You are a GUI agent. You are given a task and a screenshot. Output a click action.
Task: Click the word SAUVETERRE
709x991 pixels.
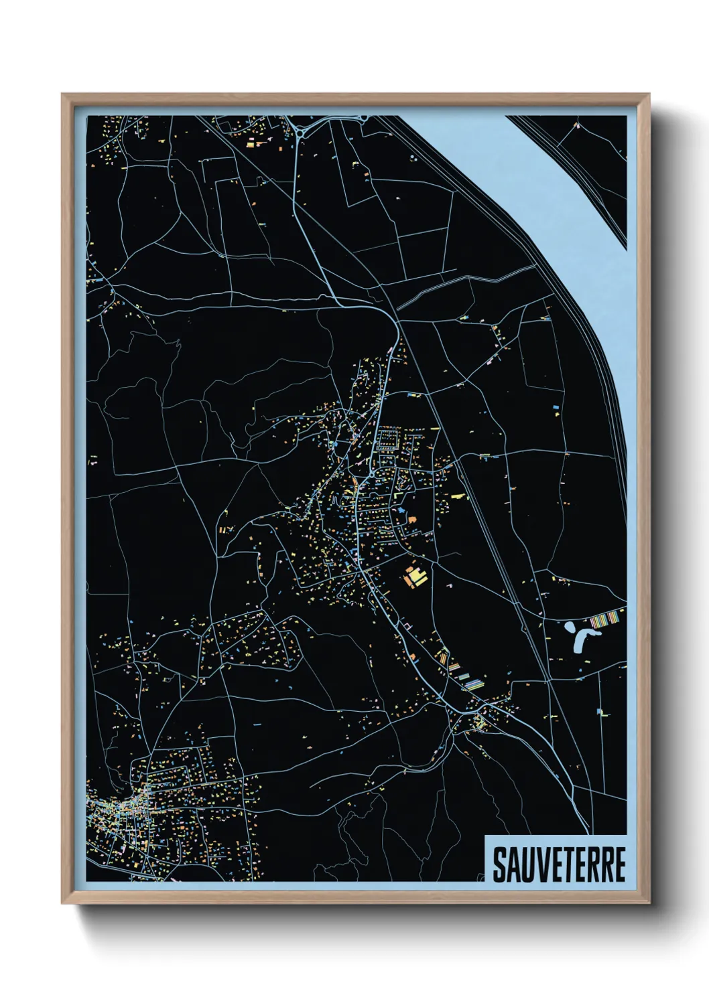(559, 864)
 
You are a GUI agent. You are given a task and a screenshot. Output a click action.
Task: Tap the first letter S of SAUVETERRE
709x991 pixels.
(500, 864)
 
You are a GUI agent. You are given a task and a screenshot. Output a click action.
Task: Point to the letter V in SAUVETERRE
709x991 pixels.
(537, 864)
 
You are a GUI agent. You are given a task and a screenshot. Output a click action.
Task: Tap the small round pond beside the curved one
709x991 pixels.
(569, 627)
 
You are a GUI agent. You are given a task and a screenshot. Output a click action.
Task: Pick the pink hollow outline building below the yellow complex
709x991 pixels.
(405, 624)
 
